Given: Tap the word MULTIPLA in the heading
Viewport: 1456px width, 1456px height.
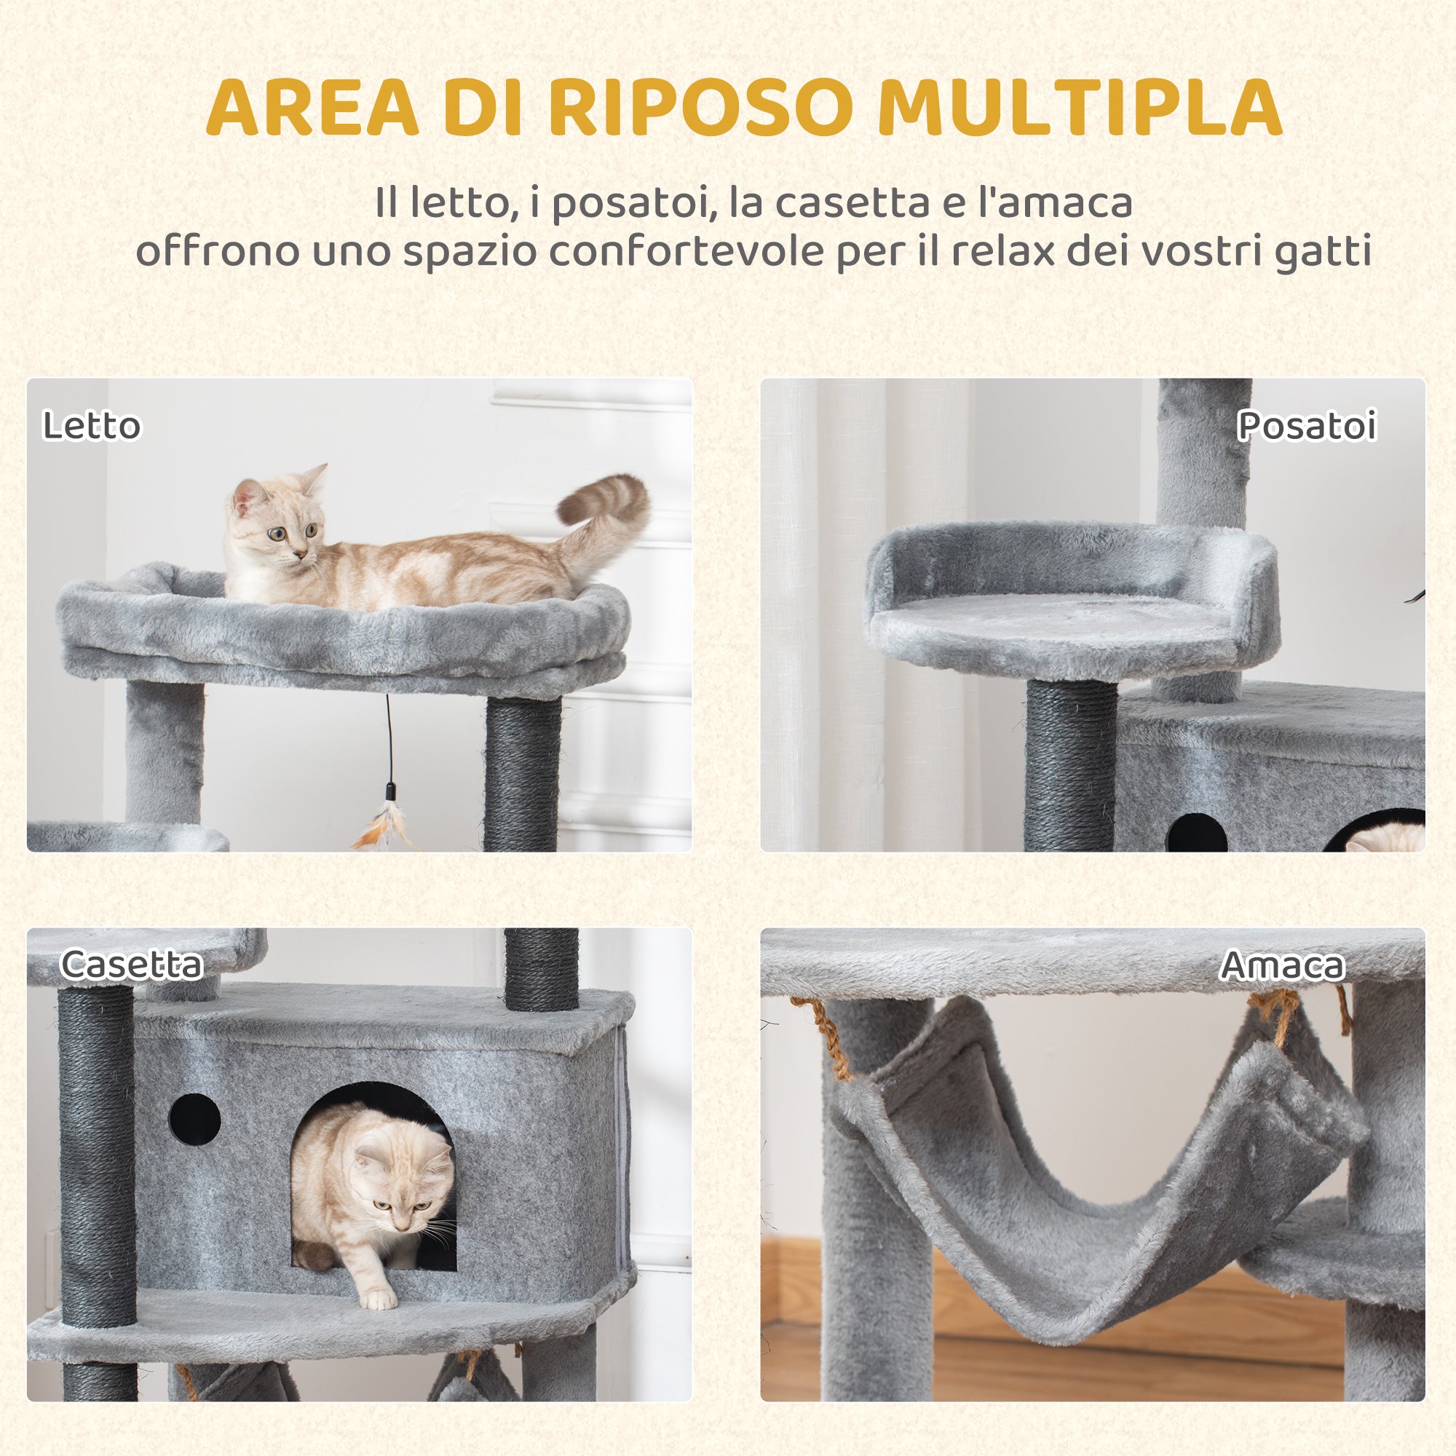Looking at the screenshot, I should click(x=1079, y=107).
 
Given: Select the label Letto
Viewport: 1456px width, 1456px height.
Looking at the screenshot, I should click(x=91, y=426).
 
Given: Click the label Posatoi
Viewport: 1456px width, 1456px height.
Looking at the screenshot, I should click(x=1307, y=426).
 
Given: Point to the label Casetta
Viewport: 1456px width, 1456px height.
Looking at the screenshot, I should click(x=131, y=965).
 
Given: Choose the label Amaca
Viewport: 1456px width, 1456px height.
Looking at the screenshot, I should click(x=1282, y=965).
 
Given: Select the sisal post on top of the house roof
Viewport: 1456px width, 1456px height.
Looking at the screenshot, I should click(x=541, y=968).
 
